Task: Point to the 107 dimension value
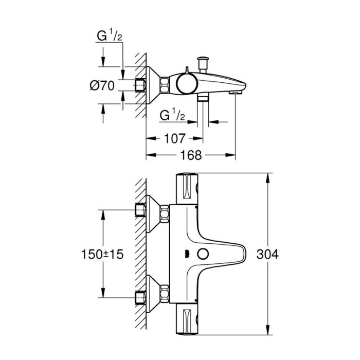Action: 174,138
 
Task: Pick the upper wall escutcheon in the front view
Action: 152,211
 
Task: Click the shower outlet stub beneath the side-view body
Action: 204,98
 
